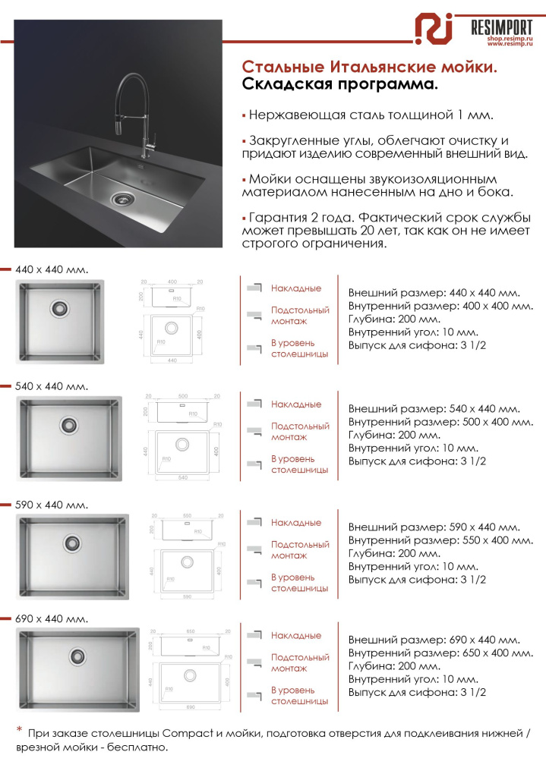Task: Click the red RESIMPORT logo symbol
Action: pyautogui.click(x=434, y=30)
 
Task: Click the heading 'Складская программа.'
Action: pyautogui.click(x=340, y=84)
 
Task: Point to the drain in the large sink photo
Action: pyautogui.click(x=121, y=198)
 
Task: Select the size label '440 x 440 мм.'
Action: pyautogui.click(x=52, y=269)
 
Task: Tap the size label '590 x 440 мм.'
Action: pyautogui.click(x=52, y=505)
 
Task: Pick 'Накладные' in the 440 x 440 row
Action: pyautogui.click(x=296, y=288)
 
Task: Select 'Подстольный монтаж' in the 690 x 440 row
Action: pyautogui.click(x=299, y=662)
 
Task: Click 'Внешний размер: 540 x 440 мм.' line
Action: pyautogui.click(x=434, y=409)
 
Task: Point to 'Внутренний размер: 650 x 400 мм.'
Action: pyautogui.click(x=440, y=653)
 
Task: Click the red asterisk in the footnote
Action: pyautogui.click(x=20, y=730)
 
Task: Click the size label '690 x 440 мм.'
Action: pyautogui.click(x=52, y=618)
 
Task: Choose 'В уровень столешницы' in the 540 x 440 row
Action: pyautogui.click(x=299, y=464)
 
